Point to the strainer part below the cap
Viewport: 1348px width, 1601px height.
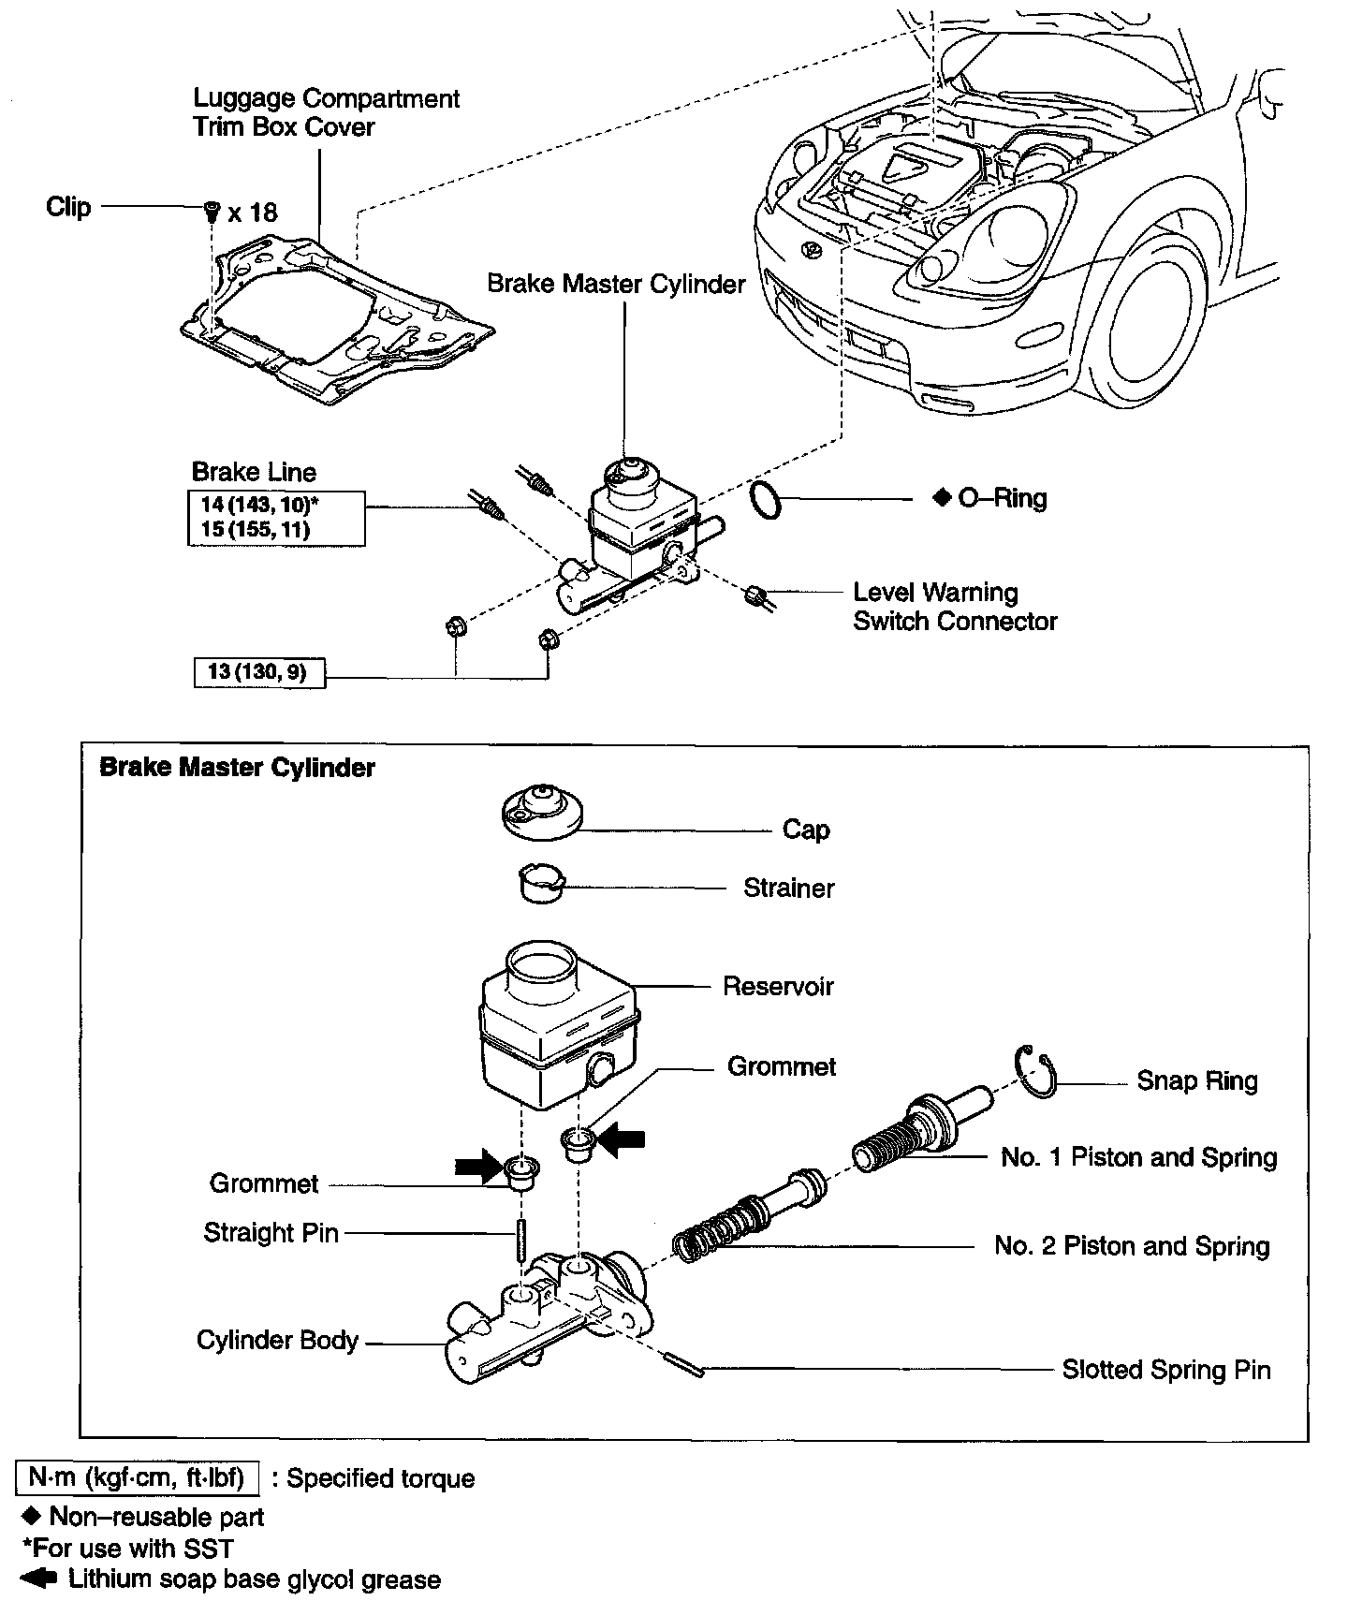[x=542, y=883]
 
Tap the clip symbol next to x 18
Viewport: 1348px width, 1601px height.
[x=212, y=211]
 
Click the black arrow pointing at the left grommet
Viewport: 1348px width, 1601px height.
[x=479, y=1167]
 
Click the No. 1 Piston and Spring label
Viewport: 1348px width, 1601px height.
[x=1138, y=1157]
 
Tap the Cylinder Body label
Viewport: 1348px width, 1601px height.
[x=277, y=1340]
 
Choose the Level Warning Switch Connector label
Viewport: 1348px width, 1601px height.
[x=955, y=607]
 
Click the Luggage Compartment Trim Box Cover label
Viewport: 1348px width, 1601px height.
[x=326, y=112]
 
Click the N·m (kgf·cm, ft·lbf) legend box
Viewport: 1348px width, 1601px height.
[x=138, y=1478]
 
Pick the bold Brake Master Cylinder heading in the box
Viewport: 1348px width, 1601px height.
[x=237, y=768]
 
